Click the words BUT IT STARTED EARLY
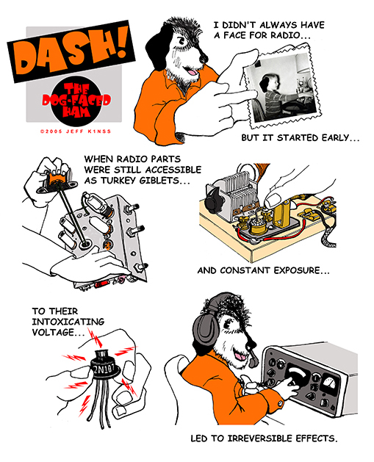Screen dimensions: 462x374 301,138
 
